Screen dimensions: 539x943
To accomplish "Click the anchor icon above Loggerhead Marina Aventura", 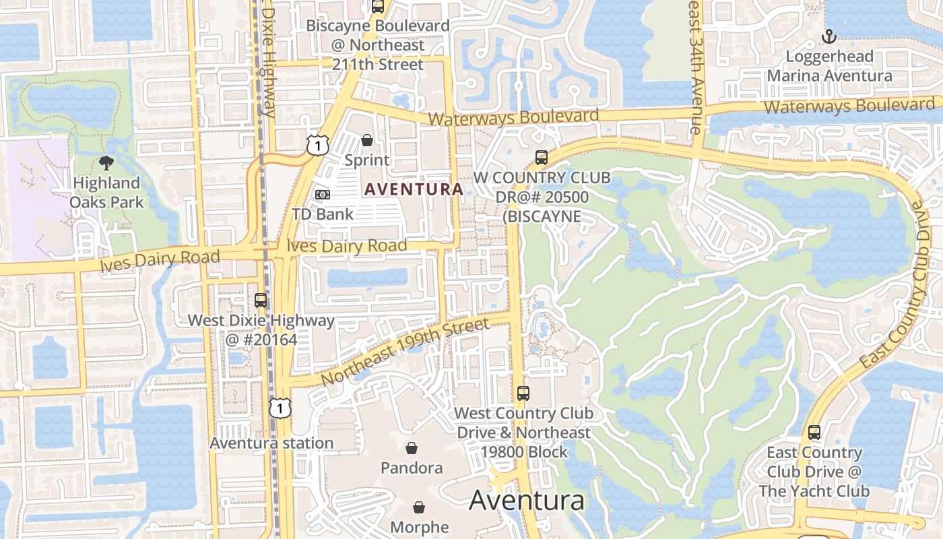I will coord(829,36).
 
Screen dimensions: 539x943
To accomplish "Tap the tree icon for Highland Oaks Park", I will coord(106,162).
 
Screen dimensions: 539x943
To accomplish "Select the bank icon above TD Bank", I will coord(323,195).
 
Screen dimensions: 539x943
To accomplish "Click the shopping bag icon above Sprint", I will coord(367,140).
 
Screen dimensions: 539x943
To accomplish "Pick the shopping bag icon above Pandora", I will coord(412,448).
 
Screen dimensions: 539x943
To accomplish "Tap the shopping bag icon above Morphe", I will coord(419,507).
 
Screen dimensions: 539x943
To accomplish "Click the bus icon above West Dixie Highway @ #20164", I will coord(261,300).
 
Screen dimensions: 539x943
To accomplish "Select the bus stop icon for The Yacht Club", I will coord(814,433).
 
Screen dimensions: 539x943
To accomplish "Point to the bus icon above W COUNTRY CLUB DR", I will coord(541,158).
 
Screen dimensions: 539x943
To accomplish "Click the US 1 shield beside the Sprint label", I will coord(317,144).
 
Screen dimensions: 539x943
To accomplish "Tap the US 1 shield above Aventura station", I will coord(280,407).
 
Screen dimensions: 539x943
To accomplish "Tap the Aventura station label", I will coord(271,443).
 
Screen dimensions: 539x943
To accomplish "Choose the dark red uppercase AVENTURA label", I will coord(414,189).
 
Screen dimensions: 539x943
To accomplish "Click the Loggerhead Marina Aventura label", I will coord(830,66).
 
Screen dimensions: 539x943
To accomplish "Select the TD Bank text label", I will coord(323,214).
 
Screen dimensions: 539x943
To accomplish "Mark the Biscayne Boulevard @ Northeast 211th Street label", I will coord(378,45).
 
